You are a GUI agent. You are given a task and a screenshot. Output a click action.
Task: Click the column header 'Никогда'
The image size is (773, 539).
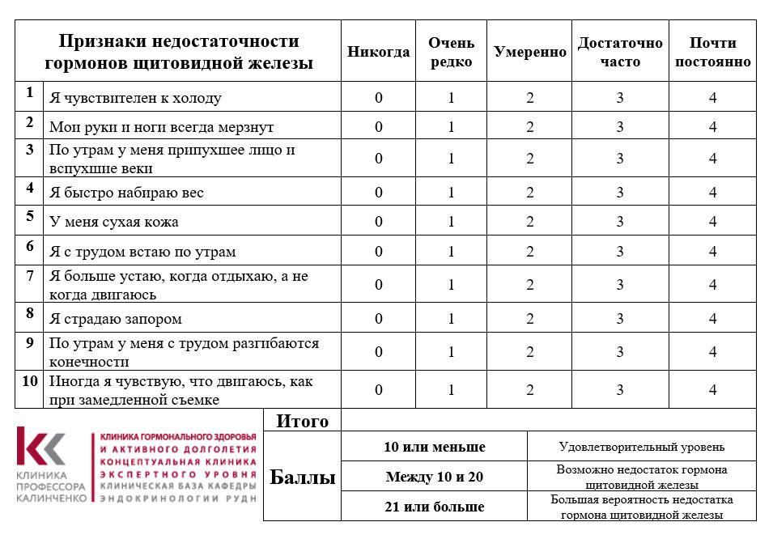click(378, 52)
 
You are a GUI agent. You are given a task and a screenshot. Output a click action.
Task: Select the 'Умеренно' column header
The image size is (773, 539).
click(530, 52)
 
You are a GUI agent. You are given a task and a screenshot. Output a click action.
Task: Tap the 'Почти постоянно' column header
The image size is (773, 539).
click(712, 52)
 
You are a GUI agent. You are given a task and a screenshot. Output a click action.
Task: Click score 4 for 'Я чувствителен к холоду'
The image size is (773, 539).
click(712, 98)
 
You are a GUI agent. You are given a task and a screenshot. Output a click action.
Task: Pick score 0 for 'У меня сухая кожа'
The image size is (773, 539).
click(378, 222)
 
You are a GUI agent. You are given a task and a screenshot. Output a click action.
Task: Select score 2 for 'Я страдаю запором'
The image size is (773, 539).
click(530, 318)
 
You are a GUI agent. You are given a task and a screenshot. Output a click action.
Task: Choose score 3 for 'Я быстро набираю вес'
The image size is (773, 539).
click(620, 193)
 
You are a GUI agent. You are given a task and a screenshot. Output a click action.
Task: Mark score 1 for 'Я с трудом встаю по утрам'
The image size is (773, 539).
click(452, 252)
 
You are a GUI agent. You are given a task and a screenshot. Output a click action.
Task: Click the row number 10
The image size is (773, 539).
click(29, 380)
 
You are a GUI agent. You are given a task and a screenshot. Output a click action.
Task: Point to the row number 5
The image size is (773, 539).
click(29, 216)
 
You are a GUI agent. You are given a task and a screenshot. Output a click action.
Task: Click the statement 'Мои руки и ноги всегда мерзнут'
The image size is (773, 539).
click(162, 127)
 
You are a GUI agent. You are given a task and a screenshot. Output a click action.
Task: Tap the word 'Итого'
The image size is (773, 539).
click(303, 421)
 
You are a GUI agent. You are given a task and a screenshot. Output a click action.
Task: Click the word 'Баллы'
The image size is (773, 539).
click(302, 477)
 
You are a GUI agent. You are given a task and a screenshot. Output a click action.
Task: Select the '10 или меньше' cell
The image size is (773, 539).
click(435, 447)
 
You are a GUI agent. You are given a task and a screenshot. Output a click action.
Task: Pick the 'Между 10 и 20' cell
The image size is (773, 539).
click(435, 477)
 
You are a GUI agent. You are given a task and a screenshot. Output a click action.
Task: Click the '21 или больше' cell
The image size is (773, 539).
click(435, 507)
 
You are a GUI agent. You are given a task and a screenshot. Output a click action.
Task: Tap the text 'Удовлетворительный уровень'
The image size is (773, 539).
click(641, 447)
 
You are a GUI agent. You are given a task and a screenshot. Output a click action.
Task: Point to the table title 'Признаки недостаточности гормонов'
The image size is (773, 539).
click(180, 52)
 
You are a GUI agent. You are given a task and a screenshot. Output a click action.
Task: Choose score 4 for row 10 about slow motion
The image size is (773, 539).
click(712, 390)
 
